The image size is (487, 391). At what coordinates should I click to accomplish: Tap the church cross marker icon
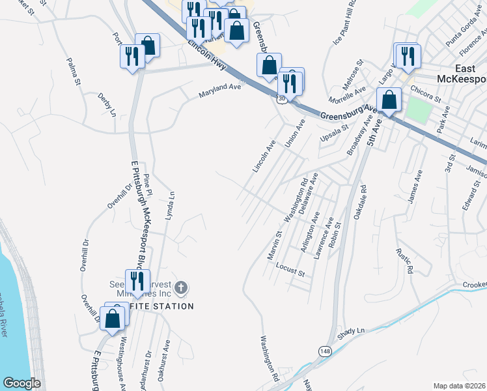point(181,287)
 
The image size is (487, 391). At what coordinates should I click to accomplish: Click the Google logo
point(21,383)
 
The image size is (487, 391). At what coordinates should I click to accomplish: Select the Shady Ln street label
point(352,332)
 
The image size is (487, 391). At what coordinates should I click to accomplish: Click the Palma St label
point(72,71)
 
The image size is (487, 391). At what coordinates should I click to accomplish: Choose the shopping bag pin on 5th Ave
point(389,100)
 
